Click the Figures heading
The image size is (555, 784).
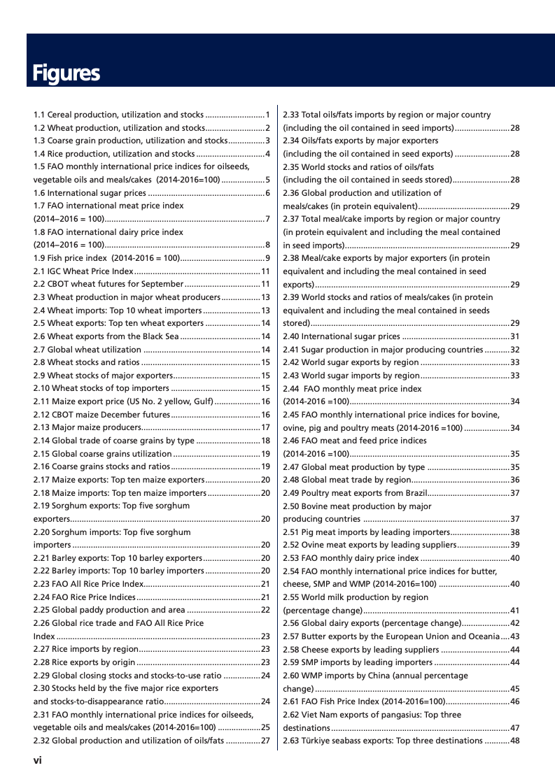(66, 73)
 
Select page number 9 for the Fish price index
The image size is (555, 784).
(268, 258)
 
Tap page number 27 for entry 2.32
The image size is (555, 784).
(265, 741)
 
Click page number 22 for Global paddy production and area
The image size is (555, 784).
(265, 610)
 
